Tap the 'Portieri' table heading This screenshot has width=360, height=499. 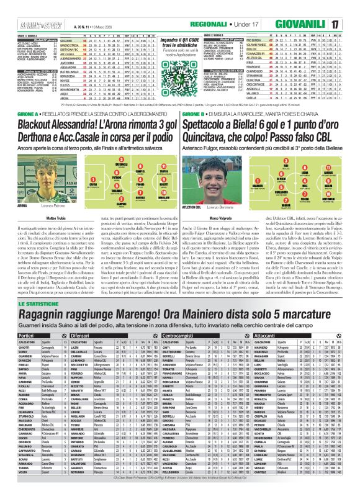(x=15, y=335)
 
